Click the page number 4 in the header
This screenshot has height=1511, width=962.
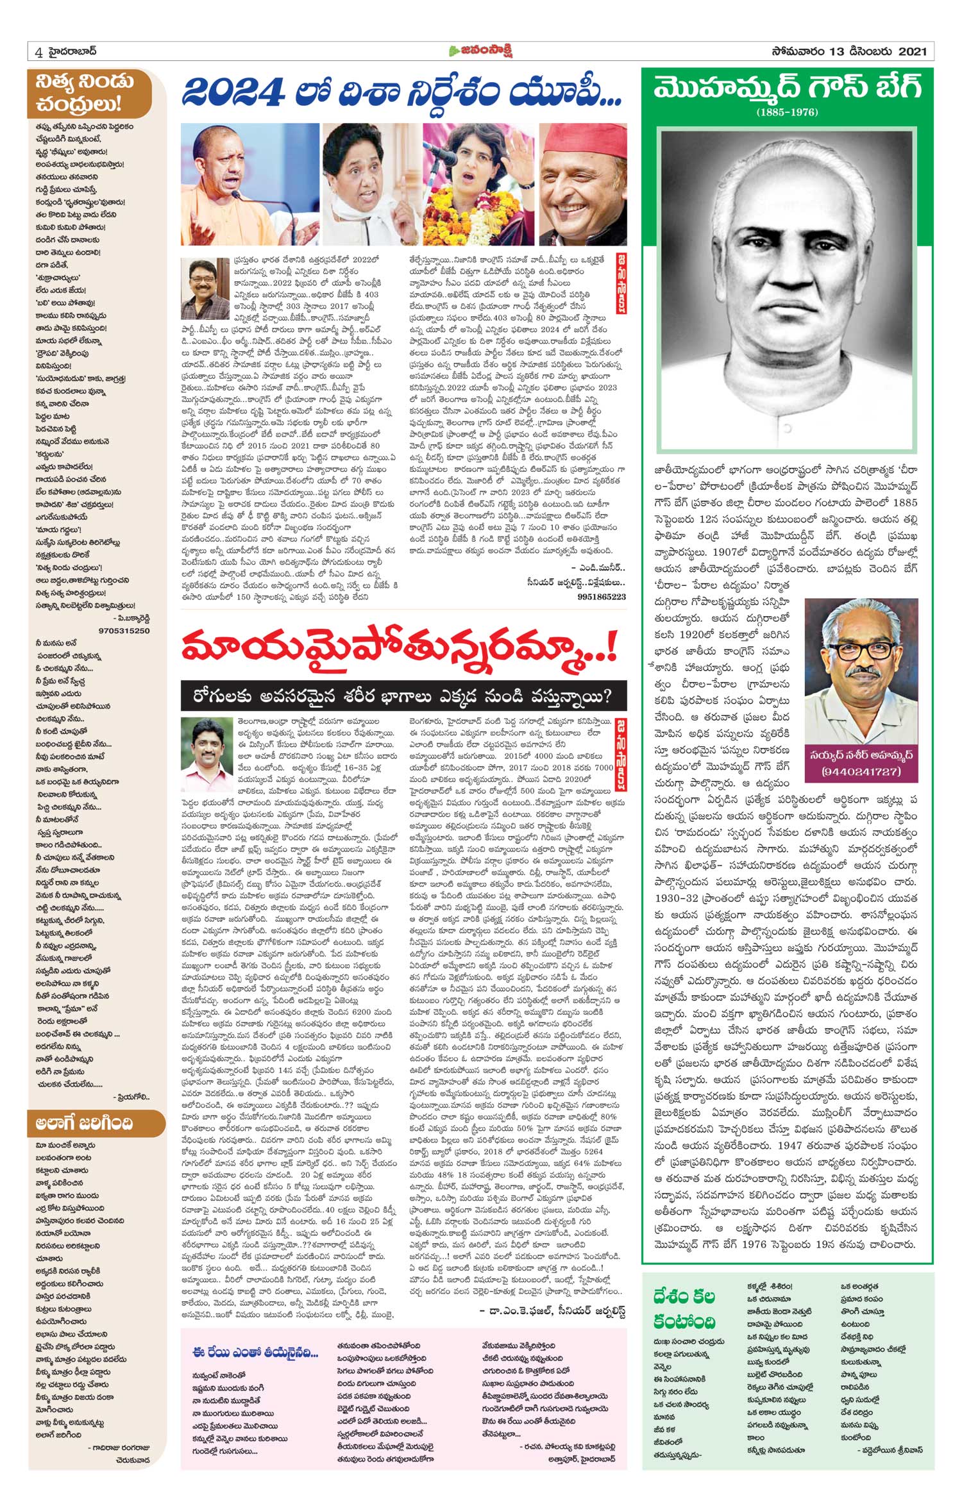pos(39,53)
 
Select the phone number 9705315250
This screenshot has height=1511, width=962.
pos(124,631)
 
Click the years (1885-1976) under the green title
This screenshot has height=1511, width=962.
pos(787,113)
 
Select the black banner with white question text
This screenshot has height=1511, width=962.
pos(403,695)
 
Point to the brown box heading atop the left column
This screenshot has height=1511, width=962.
pos(90,93)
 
